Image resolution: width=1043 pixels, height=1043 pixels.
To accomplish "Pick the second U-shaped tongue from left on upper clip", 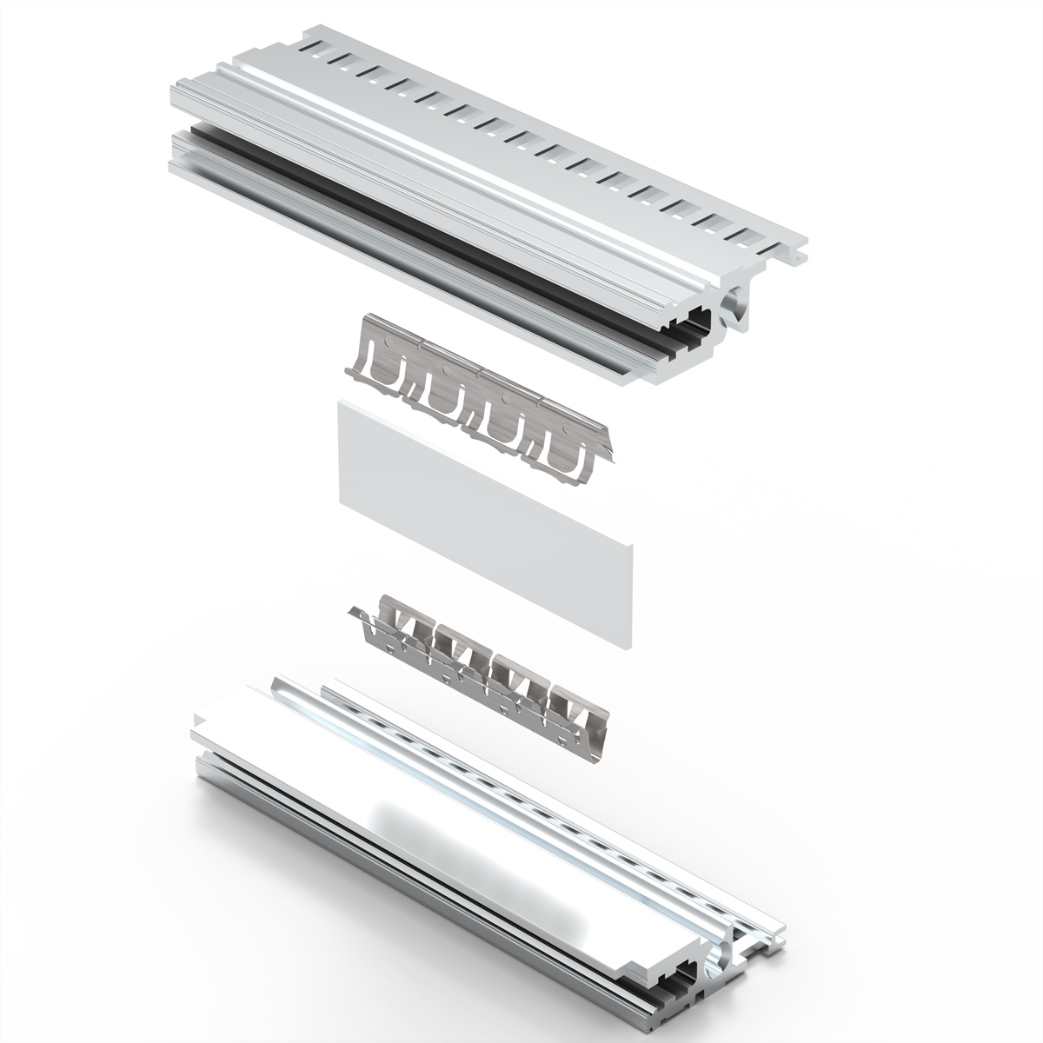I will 443,395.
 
